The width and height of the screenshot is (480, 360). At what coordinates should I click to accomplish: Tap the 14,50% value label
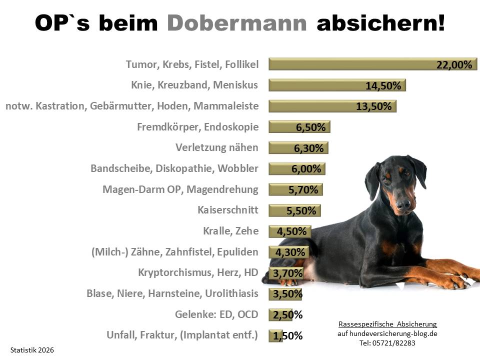click(383, 85)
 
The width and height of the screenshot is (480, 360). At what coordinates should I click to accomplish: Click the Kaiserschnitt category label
click(228, 210)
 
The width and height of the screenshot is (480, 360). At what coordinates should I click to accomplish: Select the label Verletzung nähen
click(217, 147)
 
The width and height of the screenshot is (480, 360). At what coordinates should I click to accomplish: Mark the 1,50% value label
click(287, 336)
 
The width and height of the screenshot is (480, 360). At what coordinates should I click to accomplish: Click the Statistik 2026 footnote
click(31, 350)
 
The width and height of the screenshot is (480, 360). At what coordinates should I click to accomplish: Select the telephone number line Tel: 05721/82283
click(387, 343)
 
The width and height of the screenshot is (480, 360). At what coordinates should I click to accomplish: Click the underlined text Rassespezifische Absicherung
click(387, 324)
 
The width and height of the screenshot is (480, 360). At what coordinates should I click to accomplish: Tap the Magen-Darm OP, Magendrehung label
click(180, 189)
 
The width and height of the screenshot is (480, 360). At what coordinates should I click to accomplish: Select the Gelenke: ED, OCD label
click(216, 314)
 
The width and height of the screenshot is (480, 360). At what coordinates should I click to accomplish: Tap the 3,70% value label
click(288, 273)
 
